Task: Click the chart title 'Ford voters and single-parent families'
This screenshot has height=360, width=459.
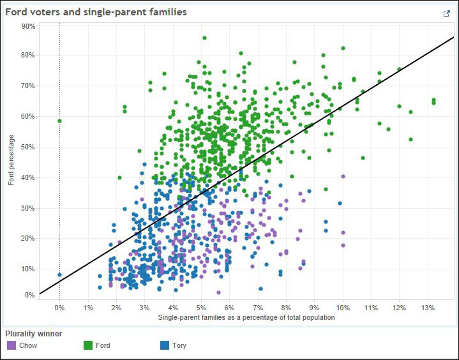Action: tap(96, 12)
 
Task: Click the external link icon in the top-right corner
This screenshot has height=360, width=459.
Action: tap(446, 13)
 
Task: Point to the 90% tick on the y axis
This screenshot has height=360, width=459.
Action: tap(28, 26)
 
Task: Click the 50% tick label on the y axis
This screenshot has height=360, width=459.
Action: tap(28, 147)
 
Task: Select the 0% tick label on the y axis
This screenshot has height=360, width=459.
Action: tap(30, 295)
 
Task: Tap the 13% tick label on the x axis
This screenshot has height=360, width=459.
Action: tap(428, 308)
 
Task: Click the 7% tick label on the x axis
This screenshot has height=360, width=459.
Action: tap(258, 308)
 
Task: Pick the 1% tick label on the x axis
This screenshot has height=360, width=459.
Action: tap(88, 308)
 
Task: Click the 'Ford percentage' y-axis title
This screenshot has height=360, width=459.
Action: tap(11, 160)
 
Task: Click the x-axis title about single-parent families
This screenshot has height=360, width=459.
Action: tap(246, 317)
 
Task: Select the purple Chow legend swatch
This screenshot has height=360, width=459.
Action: tap(11, 345)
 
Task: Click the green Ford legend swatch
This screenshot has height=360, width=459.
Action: tap(88, 345)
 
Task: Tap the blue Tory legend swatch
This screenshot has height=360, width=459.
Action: tap(165, 345)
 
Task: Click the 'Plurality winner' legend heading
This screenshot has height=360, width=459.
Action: tap(34, 334)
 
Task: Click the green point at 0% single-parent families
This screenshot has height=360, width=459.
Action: tap(60, 121)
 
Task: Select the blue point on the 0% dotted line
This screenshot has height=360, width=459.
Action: tap(60, 274)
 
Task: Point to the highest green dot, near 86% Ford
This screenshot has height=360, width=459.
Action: tap(205, 38)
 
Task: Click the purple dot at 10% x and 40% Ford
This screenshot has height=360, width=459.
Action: tap(343, 176)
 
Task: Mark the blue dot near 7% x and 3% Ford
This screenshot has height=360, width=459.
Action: tap(260, 289)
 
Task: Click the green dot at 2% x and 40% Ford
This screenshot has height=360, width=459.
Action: tap(119, 177)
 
